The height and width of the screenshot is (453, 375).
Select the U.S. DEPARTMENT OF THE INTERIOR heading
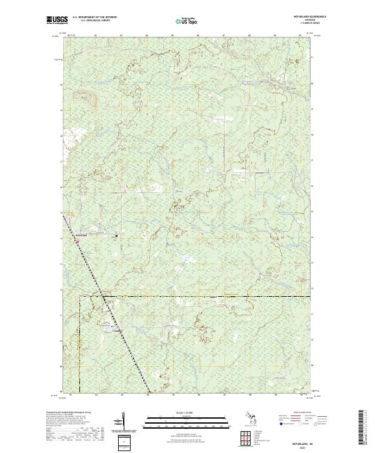click(x=94, y=17)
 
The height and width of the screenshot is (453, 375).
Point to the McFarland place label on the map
click(x=83, y=236)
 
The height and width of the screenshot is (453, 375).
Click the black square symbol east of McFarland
click(x=116, y=236)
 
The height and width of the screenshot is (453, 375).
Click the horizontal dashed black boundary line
click(x=206, y=296)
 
